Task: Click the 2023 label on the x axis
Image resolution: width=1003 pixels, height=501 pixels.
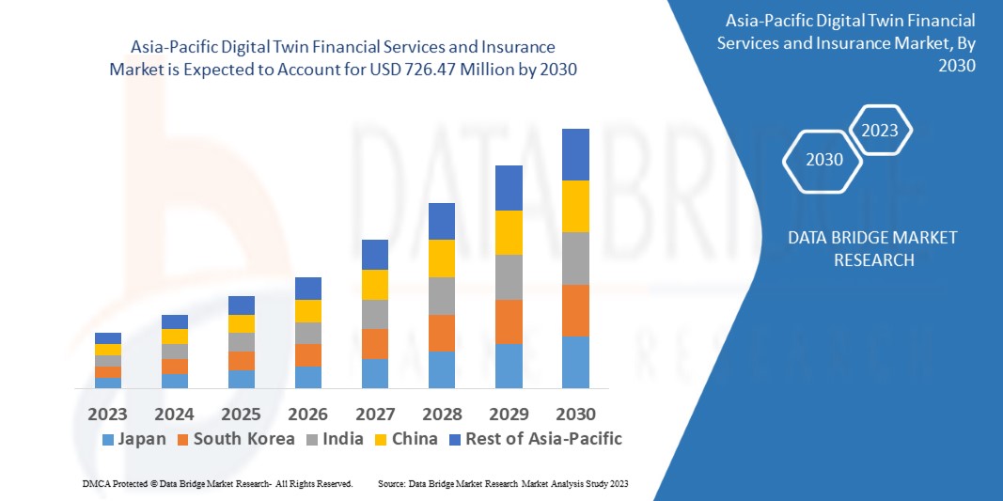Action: coord(108,414)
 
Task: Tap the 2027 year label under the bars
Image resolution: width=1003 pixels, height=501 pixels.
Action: coord(374,414)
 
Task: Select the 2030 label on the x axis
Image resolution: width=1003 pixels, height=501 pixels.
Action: coord(574,414)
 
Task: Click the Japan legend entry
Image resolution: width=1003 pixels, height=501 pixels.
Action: coord(133,439)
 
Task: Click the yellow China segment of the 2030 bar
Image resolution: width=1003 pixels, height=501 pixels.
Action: coord(575,206)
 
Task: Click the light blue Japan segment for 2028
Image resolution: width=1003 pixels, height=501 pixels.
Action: coord(442,369)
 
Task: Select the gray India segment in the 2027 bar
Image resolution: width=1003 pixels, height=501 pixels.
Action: coord(375,314)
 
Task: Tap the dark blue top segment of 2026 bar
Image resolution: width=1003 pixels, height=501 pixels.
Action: coord(308,288)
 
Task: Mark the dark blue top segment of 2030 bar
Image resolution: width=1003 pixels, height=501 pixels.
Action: coord(575,154)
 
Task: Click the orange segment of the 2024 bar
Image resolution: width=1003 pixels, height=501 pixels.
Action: coord(175,366)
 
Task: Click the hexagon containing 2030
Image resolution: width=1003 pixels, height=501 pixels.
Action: coord(824,160)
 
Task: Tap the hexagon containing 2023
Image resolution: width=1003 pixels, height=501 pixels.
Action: coord(880,131)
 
